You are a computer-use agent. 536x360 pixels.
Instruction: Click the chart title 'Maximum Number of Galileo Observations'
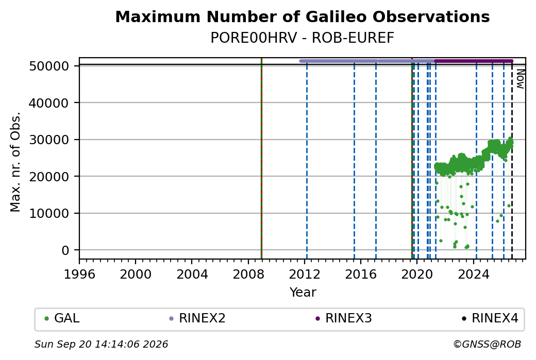(x=302, y=16)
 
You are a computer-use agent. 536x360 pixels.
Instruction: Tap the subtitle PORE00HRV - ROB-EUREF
(x=302, y=38)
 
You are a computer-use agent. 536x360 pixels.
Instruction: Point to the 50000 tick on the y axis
(x=49, y=66)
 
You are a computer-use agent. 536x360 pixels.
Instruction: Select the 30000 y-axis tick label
(x=49, y=140)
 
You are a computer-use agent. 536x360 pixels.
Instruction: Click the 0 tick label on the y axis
(x=65, y=250)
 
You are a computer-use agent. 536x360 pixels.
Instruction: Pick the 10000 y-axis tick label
(x=49, y=213)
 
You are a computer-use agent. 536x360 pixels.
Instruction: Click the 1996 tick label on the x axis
(x=79, y=275)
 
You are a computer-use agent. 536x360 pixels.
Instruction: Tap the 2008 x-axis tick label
(x=248, y=275)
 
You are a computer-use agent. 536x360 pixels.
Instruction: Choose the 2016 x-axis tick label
(x=361, y=275)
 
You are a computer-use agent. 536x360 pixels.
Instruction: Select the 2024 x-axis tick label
(x=474, y=275)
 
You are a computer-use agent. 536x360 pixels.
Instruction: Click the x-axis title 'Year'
(x=303, y=293)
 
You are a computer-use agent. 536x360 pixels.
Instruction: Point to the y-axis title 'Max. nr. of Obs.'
(x=15, y=162)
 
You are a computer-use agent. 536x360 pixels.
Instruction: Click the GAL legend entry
(x=62, y=318)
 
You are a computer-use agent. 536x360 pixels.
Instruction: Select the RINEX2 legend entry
(x=197, y=318)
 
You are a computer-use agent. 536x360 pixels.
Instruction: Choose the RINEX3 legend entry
(x=344, y=318)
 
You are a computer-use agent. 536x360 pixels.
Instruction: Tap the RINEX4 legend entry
(x=490, y=318)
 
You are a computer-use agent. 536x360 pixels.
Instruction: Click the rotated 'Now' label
(x=521, y=79)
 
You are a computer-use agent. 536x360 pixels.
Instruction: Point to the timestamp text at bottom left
(x=101, y=344)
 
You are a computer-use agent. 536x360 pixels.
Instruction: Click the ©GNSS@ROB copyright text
(x=487, y=344)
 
